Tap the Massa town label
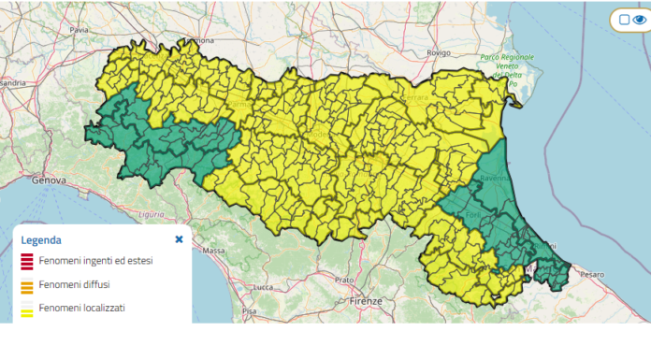(214, 252)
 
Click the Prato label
(344, 280)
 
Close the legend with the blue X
(179, 238)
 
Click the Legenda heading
(41, 239)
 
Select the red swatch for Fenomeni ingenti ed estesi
(27, 260)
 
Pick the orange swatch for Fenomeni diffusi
(27, 284)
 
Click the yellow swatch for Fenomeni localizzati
(27, 308)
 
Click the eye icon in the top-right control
(641, 20)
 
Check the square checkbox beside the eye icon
(624, 20)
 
